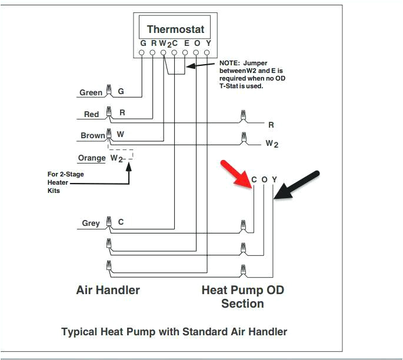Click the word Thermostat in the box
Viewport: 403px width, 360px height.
175,29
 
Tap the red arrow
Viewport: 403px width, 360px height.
235,174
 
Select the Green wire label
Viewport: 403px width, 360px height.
91,92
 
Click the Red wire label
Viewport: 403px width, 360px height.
91,114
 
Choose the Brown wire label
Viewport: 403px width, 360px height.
92,135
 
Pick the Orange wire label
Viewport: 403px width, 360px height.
92,158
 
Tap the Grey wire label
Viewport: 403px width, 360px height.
91,223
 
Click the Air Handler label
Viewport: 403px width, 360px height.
108,290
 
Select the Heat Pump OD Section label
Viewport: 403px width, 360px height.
242,296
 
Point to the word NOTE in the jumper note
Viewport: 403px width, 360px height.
229,62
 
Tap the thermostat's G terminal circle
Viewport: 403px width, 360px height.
142,53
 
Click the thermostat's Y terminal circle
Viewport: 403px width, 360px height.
207,53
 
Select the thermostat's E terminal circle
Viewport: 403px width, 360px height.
185,53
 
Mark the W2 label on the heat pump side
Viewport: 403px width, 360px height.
272,144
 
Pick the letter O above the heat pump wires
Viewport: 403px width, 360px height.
264,179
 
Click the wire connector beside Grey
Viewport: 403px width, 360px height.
108,222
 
